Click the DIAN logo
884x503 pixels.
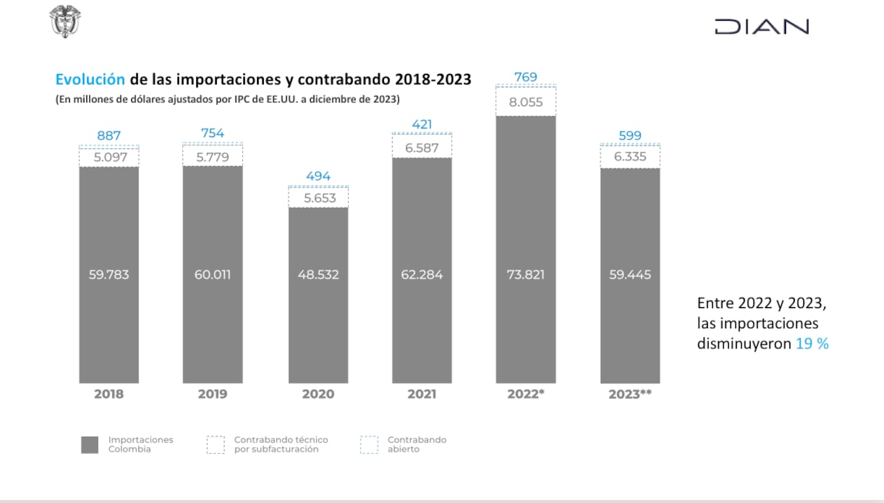[761, 27]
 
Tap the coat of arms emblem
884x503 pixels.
[66, 21]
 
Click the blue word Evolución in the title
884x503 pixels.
[90, 79]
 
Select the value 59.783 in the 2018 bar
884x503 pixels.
[109, 274]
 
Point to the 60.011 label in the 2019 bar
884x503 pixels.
[213, 274]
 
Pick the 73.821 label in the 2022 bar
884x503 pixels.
[526, 274]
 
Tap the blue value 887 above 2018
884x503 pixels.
[109, 135]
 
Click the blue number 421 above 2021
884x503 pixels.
[422, 124]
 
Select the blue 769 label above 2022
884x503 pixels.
[526, 77]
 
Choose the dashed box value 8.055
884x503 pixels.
[526, 103]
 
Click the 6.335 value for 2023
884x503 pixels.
[630, 157]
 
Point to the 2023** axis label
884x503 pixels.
[630, 394]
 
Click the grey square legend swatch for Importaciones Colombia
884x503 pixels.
[90, 445]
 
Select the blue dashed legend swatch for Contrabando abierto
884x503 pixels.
[369, 445]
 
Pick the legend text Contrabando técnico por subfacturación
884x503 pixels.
[281, 444]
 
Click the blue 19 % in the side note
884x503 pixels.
[812, 343]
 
